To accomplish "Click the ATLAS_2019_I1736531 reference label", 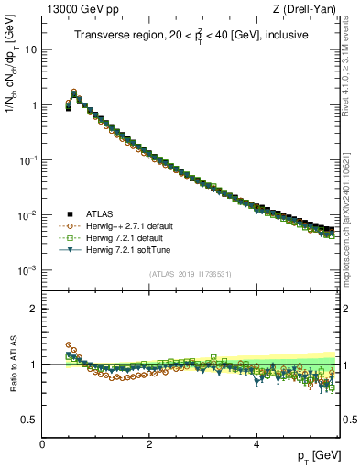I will pyautogui.click(x=191, y=273).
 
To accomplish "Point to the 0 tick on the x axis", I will pyautogui.click(x=42, y=443).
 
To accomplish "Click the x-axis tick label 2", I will pyautogui.click(x=148, y=443).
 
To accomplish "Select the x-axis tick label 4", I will pyautogui.click(x=256, y=443).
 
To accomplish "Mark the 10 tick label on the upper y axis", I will pyautogui.click(x=30, y=49).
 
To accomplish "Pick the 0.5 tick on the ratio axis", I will pyautogui.click(x=29, y=420).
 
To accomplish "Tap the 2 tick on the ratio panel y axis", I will pyautogui.click(x=34, y=309).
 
